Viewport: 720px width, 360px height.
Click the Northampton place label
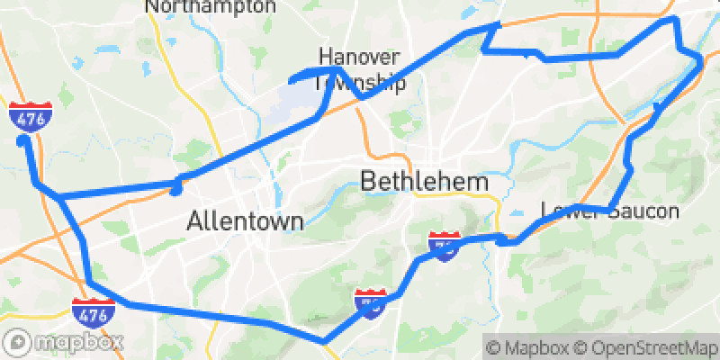point(211,6)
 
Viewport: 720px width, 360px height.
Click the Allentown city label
point(245,221)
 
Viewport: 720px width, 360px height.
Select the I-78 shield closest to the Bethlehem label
point(443,244)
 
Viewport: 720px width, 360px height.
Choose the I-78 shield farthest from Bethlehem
point(371,302)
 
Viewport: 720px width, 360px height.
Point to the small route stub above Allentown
point(177,187)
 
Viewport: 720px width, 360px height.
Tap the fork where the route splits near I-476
point(58,195)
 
